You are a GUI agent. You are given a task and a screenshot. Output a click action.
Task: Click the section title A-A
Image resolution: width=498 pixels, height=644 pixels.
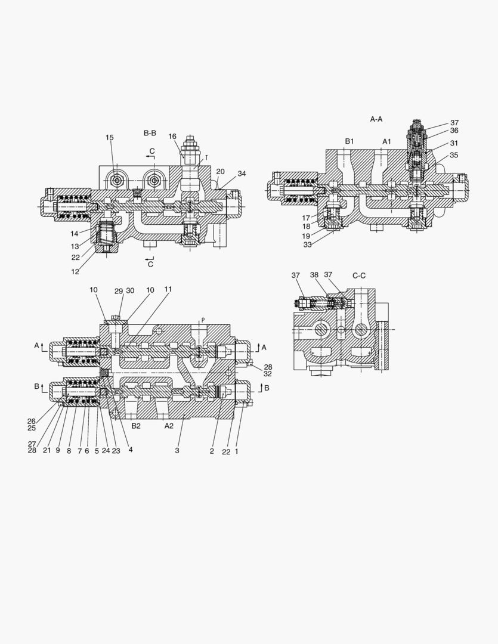[x=376, y=119]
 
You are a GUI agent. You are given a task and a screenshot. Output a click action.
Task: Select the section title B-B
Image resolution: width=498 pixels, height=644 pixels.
[x=150, y=132]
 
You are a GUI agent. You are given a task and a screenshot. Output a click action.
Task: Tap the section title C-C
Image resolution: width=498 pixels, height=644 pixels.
[x=358, y=275]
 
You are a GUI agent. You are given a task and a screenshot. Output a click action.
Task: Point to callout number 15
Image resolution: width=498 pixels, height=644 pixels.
[x=110, y=138]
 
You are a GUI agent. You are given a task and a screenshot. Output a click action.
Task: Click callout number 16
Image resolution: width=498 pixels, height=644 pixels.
[x=172, y=137]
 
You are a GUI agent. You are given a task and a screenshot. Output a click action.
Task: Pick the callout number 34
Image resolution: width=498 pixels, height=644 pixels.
[x=242, y=174]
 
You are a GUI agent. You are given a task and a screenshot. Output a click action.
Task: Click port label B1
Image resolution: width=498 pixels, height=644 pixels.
[x=349, y=141]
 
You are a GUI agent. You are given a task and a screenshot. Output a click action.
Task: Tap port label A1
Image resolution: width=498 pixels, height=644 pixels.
[x=386, y=141]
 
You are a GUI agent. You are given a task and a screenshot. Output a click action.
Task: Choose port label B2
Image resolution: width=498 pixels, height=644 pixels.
[x=136, y=426]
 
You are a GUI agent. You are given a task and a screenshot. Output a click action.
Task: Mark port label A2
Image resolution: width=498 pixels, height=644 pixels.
[x=169, y=426]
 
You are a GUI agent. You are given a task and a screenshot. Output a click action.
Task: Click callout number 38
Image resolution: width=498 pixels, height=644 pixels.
[x=314, y=275]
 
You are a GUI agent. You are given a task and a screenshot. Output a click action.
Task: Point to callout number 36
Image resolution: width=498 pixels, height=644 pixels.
[x=454, y=131]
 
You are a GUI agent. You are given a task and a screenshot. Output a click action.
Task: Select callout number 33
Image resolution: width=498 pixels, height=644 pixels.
[x=307, y=244]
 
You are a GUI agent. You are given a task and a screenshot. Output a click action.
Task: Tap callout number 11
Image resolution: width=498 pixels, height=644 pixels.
[x=168, y=289]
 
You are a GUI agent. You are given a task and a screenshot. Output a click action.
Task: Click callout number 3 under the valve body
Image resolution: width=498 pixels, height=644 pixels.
[x=177, y=451]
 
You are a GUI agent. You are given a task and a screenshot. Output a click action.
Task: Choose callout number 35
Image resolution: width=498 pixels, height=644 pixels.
[x=454, y=155]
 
